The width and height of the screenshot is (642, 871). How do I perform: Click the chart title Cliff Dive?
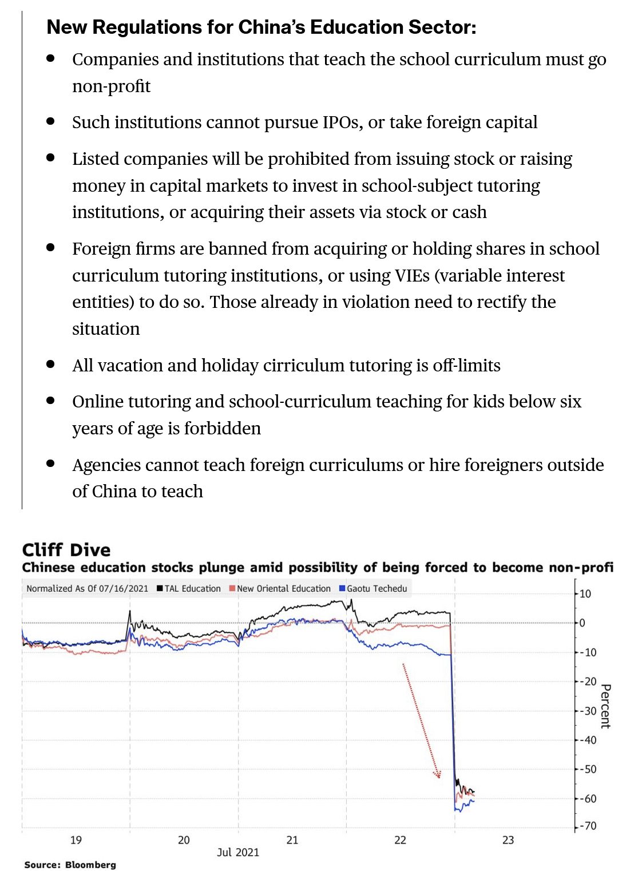[66, 550]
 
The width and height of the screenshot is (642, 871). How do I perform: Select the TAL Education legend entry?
[189, 588]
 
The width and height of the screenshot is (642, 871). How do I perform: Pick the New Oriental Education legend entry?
[280, 588]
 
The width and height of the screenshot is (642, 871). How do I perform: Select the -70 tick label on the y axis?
[587, 826]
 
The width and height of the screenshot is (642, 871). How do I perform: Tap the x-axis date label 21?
[292, 840]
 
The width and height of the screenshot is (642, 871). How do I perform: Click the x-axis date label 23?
[508, 840]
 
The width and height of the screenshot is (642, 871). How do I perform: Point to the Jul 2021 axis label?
[238, 852]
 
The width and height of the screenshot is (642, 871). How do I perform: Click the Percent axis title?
[605, 706]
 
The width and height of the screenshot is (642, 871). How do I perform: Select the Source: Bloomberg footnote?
[70, 865]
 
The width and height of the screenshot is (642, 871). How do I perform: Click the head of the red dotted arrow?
[438, 775]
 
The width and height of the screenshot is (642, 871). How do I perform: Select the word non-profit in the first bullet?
[111, 86]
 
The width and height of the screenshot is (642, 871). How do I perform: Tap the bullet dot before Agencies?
[51, 464]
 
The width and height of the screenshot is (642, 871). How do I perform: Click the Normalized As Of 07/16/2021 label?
[87, 588]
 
